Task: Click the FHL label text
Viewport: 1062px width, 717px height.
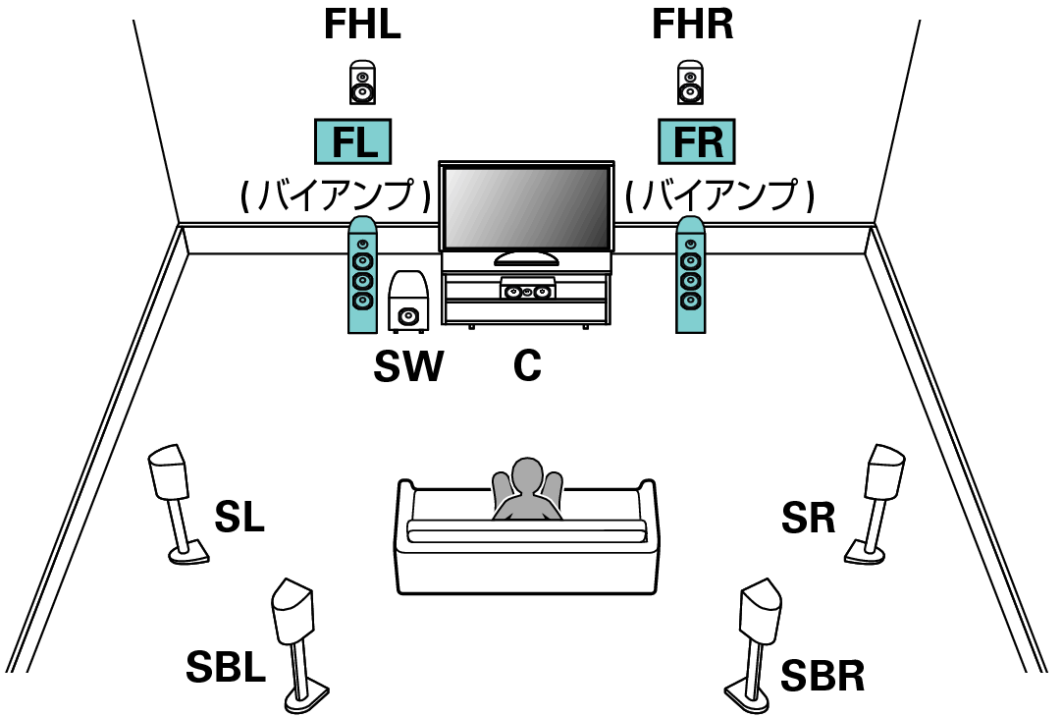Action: click(x=362, y=27)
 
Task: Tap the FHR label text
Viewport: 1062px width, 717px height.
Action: click(x=693, y=27)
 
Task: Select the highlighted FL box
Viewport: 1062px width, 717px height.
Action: click(x=352, y=143)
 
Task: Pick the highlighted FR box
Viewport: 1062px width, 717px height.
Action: click(x=696, y=143)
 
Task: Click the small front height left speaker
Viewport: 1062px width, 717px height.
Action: click(x=362, y=83)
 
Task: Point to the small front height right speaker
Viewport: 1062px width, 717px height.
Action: click(x=691, y=83)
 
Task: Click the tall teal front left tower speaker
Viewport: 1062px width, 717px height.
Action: click(x=362, y=275)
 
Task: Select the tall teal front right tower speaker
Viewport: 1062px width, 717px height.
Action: click(x=691, y=275)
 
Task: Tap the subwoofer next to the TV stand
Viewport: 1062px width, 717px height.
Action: click(x=407, y=301)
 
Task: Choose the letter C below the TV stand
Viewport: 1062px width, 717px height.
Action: click(x=527, y=366)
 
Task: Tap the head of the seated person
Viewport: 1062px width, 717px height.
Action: click(x=528, y=476)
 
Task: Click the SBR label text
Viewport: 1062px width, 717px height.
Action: click(x=823, y=675)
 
